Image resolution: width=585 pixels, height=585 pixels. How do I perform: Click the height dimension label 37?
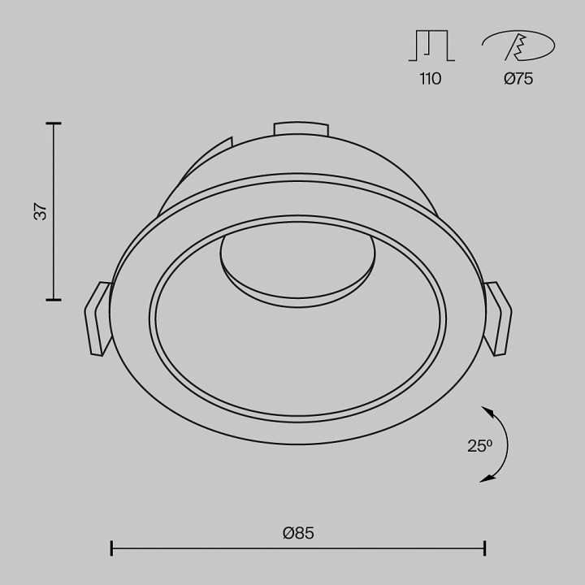[41, 211]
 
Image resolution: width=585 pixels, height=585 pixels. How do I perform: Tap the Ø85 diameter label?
[298, 533]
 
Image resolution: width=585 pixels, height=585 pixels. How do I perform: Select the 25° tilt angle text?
[480, 446]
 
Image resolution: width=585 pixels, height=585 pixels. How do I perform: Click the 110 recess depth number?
[431, 79]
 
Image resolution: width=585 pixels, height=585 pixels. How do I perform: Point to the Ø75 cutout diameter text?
[518, 79]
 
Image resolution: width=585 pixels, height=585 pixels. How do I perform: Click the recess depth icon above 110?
[431, 45]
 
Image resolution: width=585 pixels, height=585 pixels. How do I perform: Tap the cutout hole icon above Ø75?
[518, 45]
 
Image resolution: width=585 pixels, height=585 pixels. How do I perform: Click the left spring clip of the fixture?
[97, 318]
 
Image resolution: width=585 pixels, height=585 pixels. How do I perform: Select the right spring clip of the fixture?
[498, 318]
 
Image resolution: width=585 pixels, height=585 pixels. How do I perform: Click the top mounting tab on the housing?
[301, 128]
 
